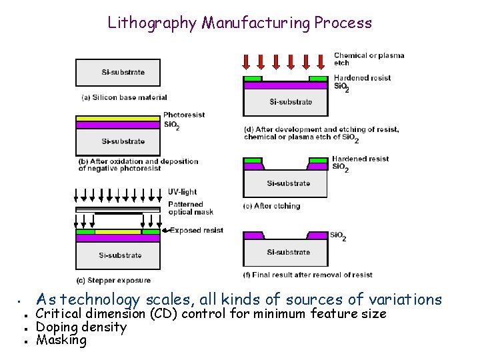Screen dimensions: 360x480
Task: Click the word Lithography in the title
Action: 151,23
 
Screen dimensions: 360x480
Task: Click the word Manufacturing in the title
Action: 256,23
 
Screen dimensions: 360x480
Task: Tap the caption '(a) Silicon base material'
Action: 124,97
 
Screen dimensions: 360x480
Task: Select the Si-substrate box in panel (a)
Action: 118,72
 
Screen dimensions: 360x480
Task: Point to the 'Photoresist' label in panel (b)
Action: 183,115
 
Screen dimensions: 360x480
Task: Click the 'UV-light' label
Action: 182,192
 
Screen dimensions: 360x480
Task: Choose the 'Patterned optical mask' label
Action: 191,208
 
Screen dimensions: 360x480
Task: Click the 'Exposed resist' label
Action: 196,231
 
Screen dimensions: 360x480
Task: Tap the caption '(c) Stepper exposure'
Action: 115,280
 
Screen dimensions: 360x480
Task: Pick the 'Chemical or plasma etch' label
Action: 369,59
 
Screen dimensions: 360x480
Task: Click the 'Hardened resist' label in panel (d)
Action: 362,78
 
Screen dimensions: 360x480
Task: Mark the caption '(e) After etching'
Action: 271,206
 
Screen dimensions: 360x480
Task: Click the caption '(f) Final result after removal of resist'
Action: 308,275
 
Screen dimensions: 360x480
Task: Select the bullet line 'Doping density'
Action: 81,327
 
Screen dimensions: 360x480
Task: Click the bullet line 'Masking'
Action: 61,340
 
